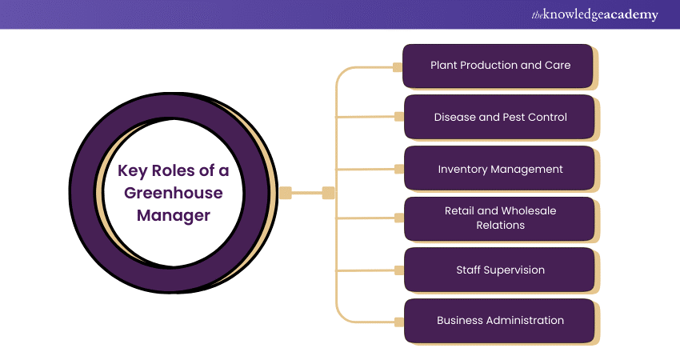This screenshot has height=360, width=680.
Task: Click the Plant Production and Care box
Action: [499, 66]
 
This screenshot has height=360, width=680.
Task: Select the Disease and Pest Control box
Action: [499, 117]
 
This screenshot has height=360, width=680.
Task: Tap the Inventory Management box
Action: [499, 169]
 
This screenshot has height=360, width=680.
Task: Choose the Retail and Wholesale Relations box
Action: [499, 218]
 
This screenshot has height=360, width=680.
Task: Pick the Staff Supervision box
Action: [499, 270]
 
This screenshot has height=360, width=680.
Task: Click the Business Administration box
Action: [499, 320]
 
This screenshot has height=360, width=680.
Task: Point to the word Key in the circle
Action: [134, 170]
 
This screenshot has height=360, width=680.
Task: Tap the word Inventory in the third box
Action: [465, 169]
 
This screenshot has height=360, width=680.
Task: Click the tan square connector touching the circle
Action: [286, 192]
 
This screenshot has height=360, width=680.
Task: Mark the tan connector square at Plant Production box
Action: [398, 67]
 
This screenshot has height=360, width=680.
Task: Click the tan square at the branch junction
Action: [328, 192]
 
